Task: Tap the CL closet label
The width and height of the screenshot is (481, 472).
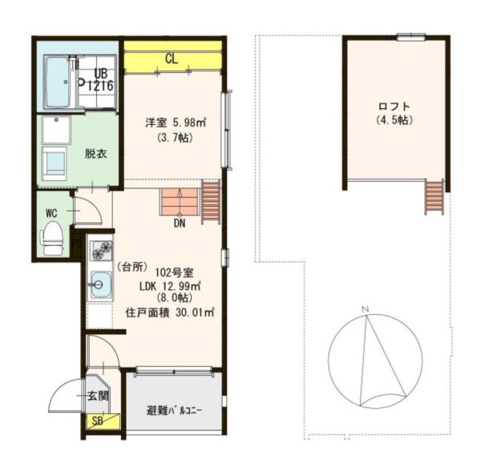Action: pos(172,58)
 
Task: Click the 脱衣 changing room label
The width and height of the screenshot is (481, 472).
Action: pos(95,154)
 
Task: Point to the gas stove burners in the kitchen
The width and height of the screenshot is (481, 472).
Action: pos(101,250)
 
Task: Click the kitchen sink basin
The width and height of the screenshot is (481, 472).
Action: pos(101,284)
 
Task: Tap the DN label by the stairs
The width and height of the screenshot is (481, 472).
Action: pos(180,224)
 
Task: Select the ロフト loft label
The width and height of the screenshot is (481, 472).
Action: pos(394,107)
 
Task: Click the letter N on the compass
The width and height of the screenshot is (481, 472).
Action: pos(365,309)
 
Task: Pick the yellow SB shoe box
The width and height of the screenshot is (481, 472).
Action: pos(103,422)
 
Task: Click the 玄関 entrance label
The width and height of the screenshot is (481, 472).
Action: pos(98,396)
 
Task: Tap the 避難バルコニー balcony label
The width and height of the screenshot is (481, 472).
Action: pos(174,410)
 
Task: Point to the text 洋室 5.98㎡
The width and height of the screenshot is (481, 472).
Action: pos(176,123)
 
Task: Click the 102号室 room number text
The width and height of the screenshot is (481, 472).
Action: pos(174,272)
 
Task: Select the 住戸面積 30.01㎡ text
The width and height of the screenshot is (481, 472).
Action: pos(170,313)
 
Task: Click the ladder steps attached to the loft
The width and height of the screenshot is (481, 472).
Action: pos(435,197)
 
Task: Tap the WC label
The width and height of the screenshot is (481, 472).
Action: pos(51,213)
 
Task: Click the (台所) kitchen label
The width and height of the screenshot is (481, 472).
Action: pos(132,267)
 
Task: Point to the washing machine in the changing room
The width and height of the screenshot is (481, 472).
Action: pos(55,163)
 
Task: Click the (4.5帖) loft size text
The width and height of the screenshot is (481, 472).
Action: pos(394,120)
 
